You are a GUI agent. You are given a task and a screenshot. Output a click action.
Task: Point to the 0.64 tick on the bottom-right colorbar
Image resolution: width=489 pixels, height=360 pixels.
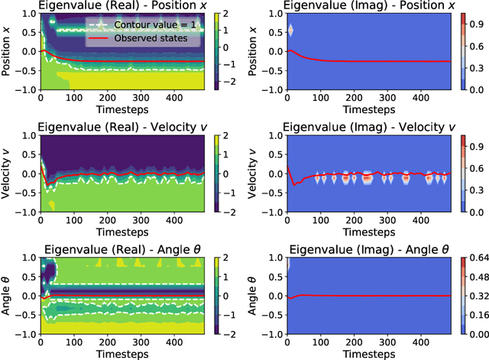[x=478, y=257]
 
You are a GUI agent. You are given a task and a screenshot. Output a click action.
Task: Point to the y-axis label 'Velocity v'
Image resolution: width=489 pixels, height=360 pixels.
[x=8, y=174]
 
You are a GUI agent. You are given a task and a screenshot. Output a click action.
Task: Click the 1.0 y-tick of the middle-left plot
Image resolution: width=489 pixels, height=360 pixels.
[x=28, y=137]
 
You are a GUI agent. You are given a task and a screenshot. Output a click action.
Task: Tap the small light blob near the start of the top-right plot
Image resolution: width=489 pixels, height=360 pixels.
[x=290, y=31]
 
